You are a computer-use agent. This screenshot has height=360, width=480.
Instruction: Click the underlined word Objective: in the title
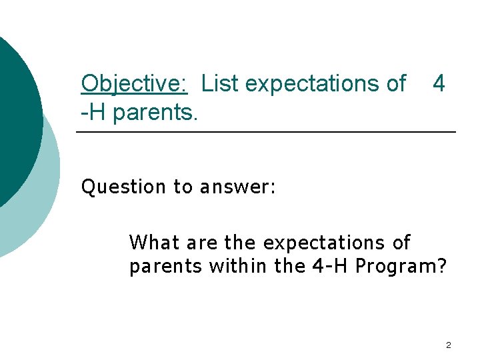pos(134,84)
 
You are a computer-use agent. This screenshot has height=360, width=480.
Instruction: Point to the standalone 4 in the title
pos(438,84)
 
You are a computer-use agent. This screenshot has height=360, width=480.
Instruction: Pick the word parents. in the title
pos(155,113)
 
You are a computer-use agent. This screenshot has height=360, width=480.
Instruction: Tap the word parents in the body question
pos(165,267)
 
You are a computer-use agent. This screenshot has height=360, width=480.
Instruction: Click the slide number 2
pos(448,345)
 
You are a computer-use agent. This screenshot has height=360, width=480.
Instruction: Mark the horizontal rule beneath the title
pos(266,133)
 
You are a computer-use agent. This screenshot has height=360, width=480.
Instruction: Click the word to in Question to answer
pos(182,187)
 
